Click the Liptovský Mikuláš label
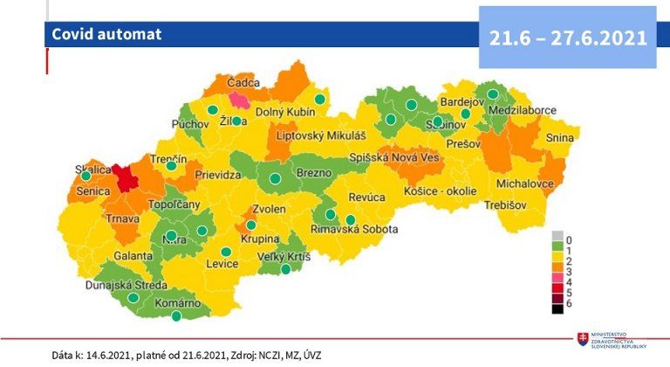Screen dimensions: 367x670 (319, 136)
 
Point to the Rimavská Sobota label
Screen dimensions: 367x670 (354, 230)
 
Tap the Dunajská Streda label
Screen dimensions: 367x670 (124, 285)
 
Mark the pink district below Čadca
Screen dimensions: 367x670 (238, 100)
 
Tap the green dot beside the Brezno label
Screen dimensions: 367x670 (275, 178)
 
